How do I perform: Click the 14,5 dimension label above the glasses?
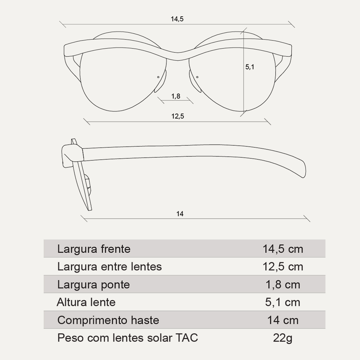point(177,19)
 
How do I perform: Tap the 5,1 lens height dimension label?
point(250,67)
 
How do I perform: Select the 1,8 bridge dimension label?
point(176,96)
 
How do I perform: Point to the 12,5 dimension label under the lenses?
point(178,116)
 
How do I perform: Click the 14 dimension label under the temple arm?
point(180,214)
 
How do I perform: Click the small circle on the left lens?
point(158,77)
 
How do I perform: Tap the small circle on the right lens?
point(197,77)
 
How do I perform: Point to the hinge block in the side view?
point(72,156)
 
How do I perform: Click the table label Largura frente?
point(94,249)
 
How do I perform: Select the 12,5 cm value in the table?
point(283,267)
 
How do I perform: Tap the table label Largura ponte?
point(94,285)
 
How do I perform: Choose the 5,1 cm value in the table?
point(283,302)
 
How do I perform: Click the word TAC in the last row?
point(187,338)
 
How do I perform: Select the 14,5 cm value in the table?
point(283,249)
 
